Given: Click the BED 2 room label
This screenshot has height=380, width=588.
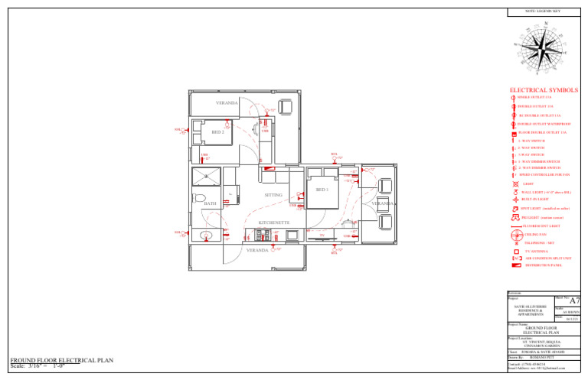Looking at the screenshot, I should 217,132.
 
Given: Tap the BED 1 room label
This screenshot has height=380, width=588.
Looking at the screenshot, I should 322,190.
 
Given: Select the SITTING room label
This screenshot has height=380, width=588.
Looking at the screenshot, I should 273,196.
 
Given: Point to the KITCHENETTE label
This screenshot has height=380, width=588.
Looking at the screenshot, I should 273,222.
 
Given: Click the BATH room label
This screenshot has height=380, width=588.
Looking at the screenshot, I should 210,204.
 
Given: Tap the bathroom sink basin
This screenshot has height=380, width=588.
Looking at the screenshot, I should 205,235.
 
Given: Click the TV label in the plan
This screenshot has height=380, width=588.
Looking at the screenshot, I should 322,235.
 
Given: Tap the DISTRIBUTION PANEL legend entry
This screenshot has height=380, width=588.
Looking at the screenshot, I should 543,265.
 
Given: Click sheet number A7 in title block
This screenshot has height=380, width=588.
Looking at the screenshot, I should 575,301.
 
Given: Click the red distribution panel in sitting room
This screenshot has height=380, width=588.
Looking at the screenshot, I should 269,169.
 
